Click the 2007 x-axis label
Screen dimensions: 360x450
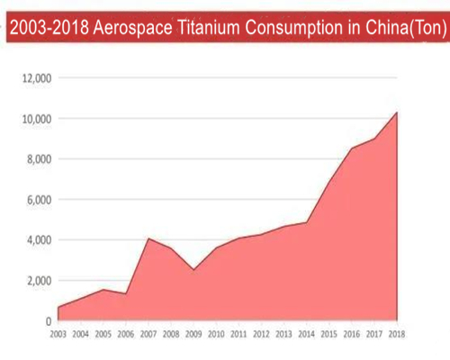pos(148,335)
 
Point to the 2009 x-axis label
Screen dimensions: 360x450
pos(193,335)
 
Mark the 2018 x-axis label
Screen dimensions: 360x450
pos(397,335)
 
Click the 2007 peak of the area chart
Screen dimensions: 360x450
pos(148,238)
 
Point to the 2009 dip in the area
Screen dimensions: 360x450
pos(193,270)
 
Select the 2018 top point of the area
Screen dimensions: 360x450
pos(397,112)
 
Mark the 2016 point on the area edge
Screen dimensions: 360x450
pos(352,148)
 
